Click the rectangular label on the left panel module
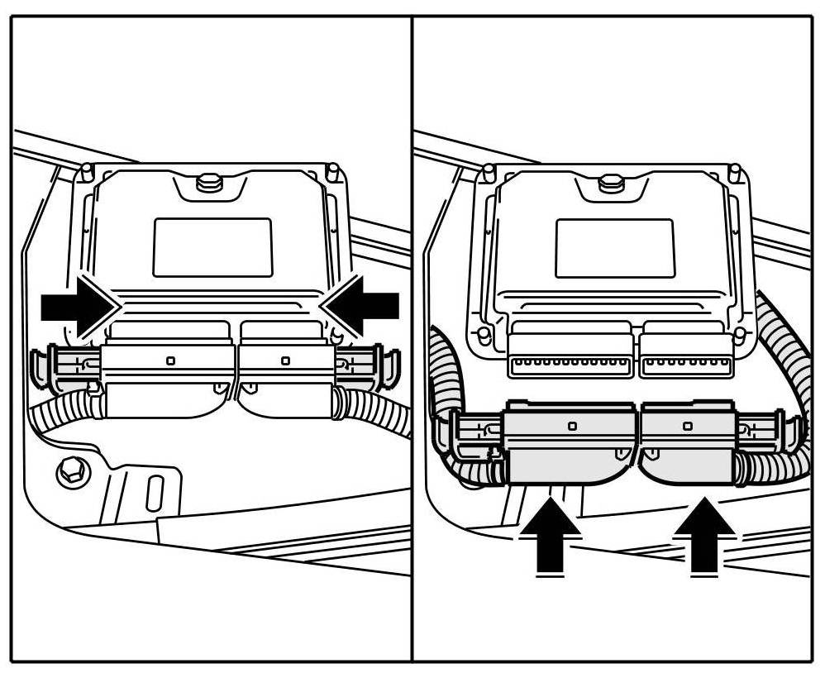pyautogui.click(x=212, y=247)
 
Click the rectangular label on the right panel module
pyautogui.click(x=614, y=247)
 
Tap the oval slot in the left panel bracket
pyautogui.click(x=152, y=493)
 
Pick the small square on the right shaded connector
pyautogui.click(x=688, y=425)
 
